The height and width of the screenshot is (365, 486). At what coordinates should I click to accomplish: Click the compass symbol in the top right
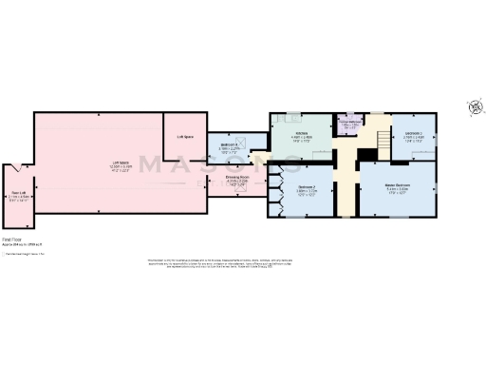[474, 107]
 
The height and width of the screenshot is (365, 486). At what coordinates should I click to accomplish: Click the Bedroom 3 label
[413, 134]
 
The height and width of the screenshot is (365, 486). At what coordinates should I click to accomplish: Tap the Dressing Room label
[237, 178]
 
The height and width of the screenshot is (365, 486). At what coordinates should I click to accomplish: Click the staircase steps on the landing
[379, 141]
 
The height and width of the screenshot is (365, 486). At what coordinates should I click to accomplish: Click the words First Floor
[12, 240]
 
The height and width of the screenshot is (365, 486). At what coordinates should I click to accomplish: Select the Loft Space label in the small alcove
[185, 136]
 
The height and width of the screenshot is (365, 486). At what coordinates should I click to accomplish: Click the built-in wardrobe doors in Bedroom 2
[277, 186]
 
